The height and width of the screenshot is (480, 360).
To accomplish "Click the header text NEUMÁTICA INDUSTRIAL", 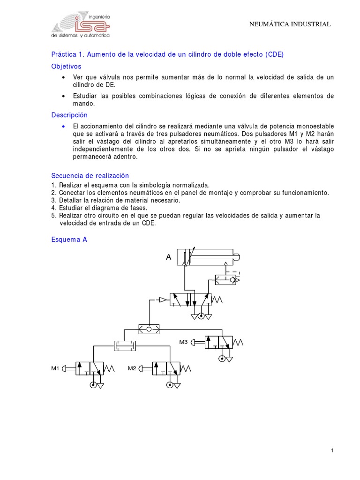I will click(x=289, y=24).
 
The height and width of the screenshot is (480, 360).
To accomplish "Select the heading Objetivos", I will click(x=66, y=67).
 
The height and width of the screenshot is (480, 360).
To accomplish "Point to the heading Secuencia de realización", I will click(x=90, y=175).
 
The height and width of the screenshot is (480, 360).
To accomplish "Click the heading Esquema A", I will click(x=69, y=239).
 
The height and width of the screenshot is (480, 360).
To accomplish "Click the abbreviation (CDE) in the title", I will click(x=274, y=54).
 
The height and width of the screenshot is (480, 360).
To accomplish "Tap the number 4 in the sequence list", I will click(x=53, y=208).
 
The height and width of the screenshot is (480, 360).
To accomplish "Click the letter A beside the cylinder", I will click(x=169, y=257).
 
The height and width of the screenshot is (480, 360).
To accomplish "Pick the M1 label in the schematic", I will click(x=55, y=368).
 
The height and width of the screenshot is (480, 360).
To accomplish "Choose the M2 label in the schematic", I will click(x=132, y=368).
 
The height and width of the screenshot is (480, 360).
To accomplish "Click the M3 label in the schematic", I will click(x=183, y=342).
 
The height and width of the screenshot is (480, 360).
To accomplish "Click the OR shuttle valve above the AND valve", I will click(x=150, y=329).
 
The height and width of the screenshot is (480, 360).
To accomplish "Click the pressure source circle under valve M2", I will click(x=169, y=385).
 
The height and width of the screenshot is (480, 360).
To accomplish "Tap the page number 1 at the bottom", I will click(x=332, y=450).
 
